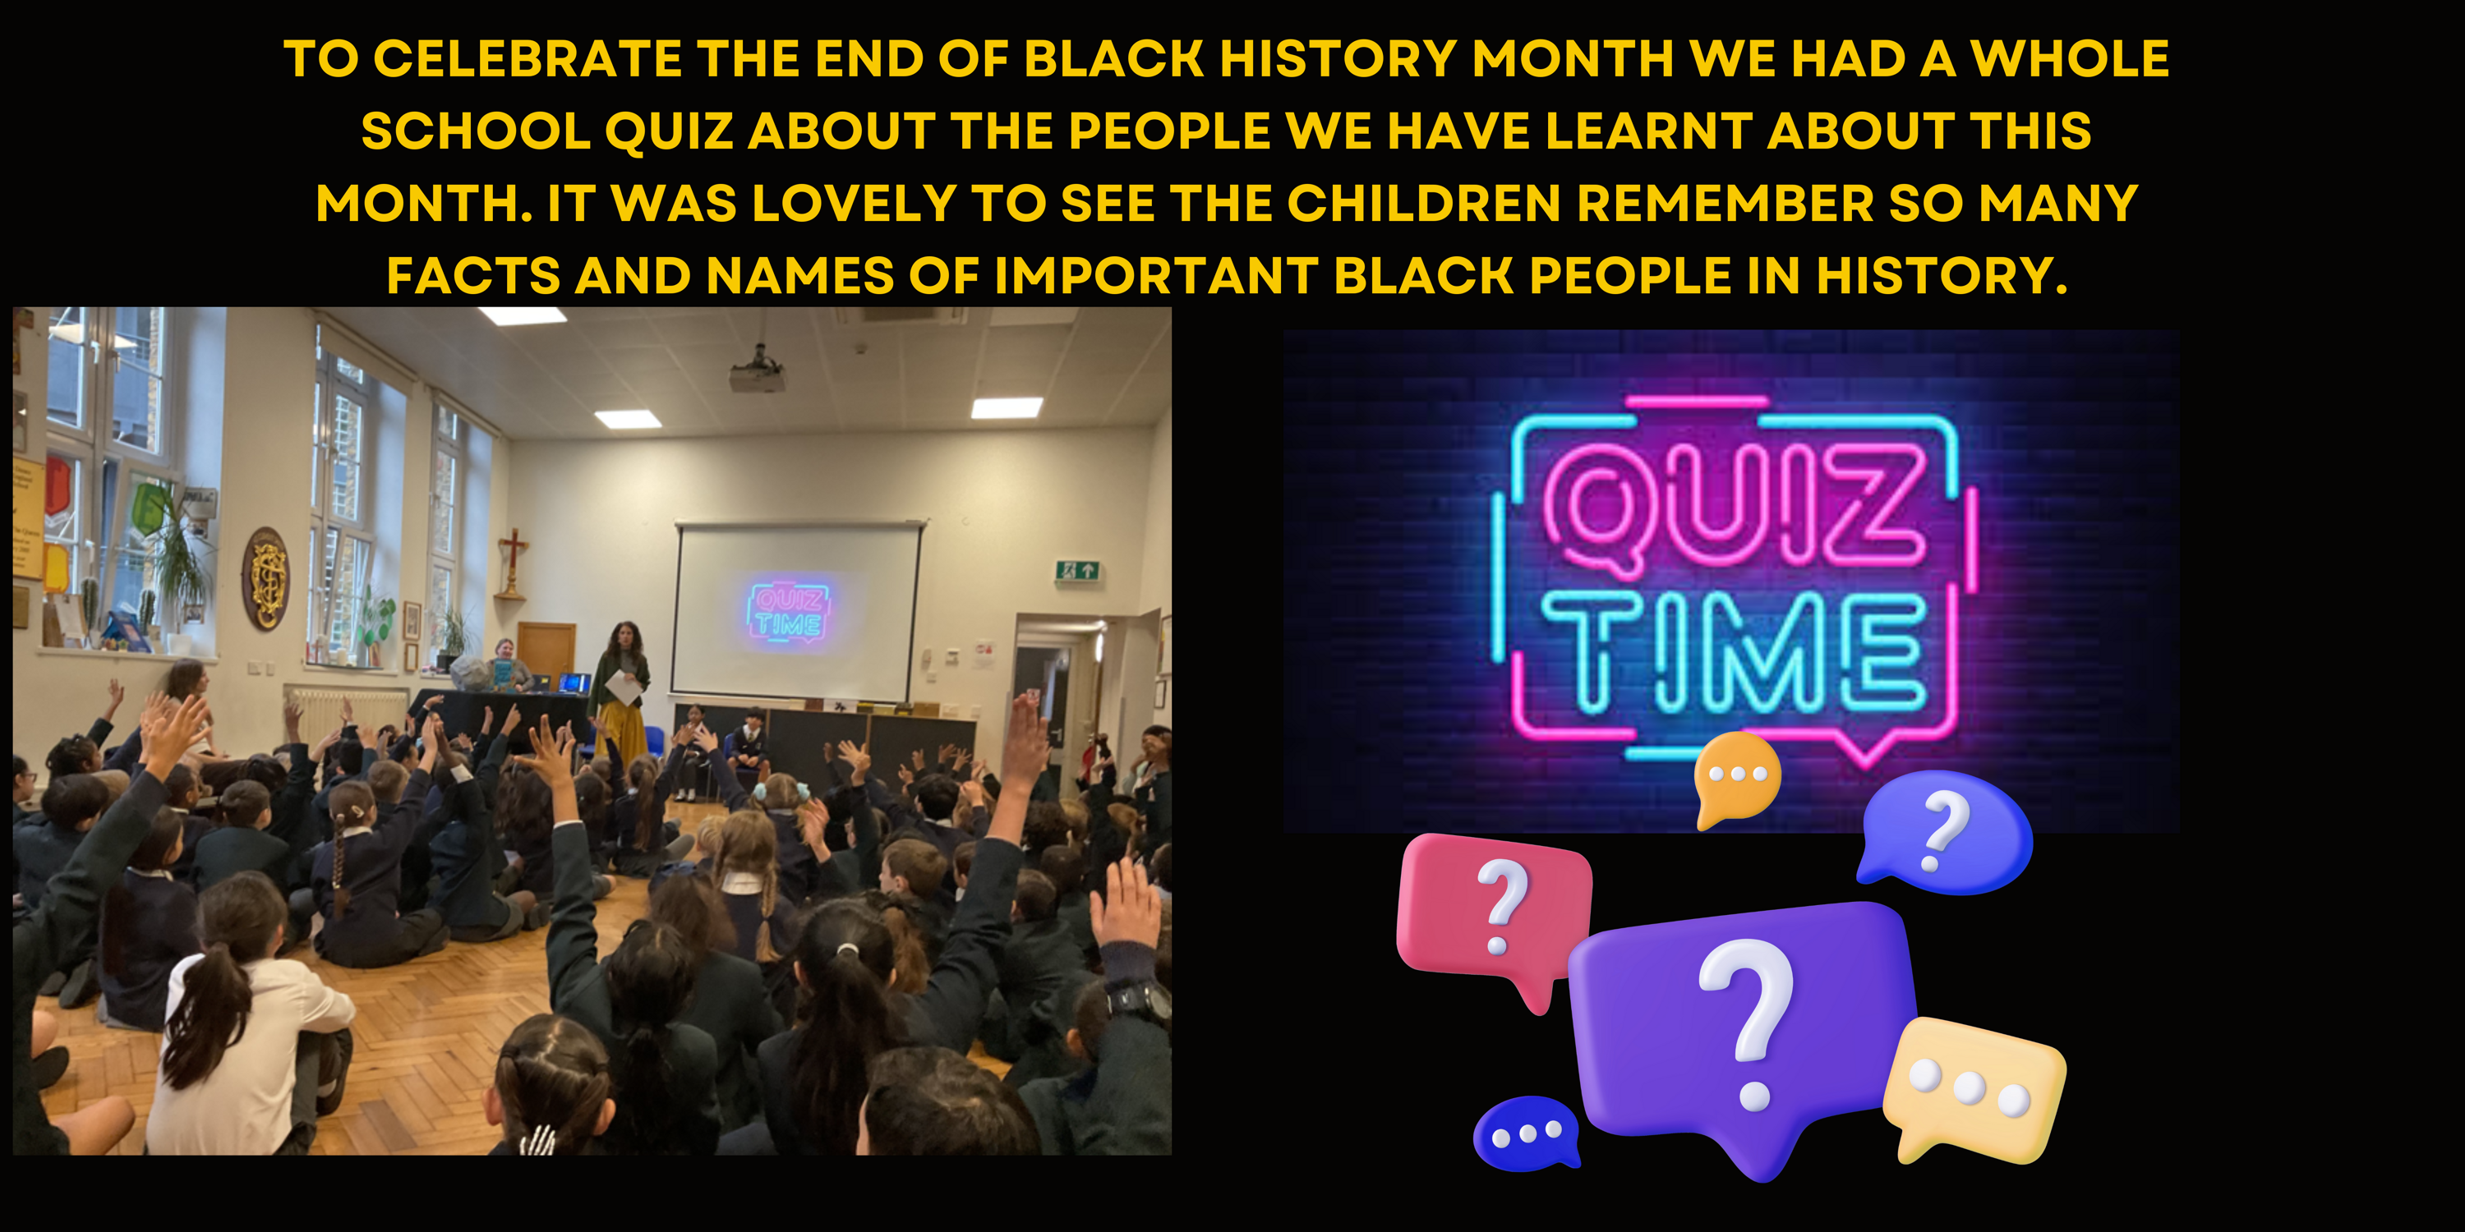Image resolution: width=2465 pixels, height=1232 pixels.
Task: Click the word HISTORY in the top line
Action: [1338, 58]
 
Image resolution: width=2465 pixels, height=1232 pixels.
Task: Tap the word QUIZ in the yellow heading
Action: [668, 131]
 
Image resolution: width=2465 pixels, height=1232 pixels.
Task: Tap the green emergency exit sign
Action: [1076, 571]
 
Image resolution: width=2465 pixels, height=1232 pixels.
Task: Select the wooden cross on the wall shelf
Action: [514, 562]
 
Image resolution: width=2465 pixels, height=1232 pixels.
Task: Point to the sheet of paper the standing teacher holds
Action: [622, 687]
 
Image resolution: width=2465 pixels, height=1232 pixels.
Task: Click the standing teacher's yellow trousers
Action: [623, 729]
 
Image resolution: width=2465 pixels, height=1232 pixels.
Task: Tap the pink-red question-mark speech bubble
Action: [1495, 914]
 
